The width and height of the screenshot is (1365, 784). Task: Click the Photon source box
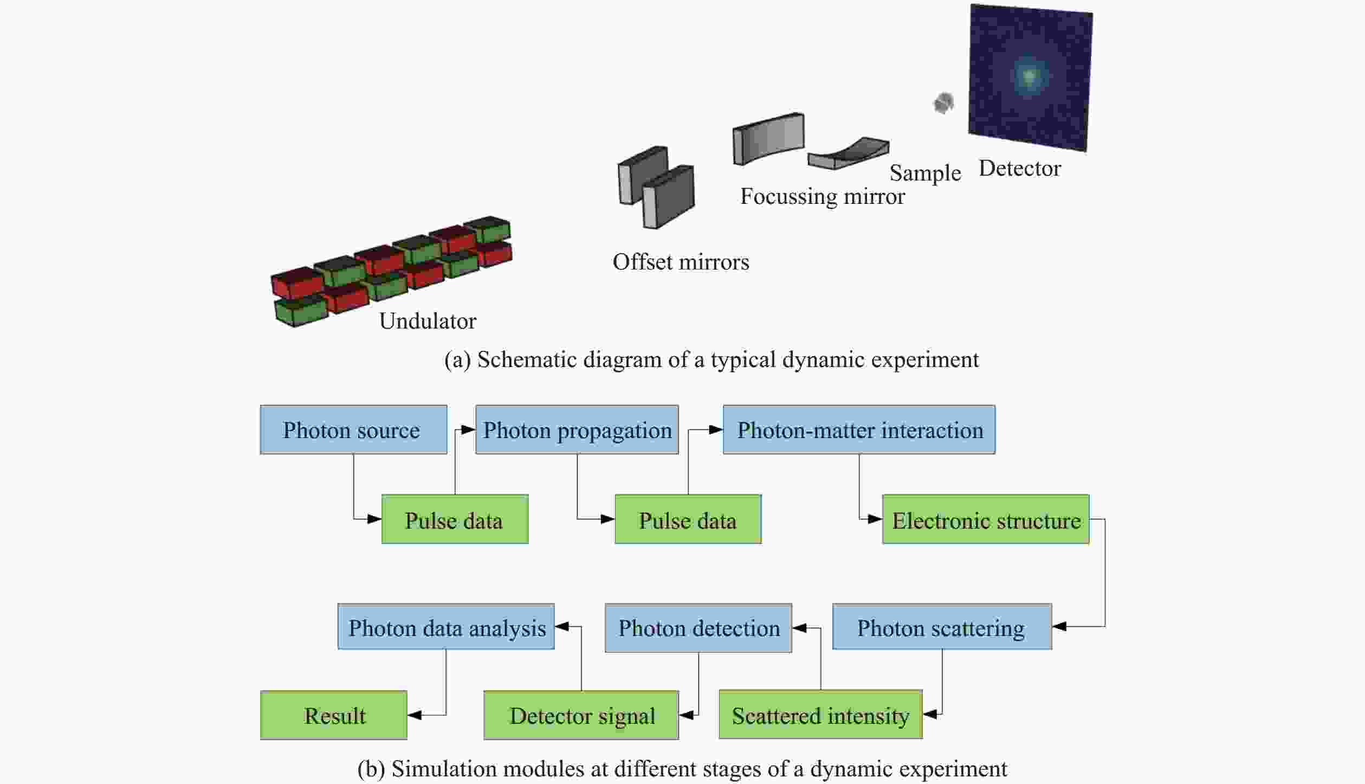[x=353, y=429]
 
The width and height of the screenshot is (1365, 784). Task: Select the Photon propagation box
[x=577, y=429]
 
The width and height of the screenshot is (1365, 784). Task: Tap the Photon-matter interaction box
[x=859, y=429]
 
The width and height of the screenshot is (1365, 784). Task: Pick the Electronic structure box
[x=985, y=519]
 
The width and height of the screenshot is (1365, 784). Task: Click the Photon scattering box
[x=942, y=627]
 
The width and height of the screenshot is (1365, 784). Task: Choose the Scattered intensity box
[x=820, y=715]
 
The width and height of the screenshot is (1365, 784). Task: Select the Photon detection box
[x=698, y=628]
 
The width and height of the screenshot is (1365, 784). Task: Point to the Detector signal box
[x=581, y=715]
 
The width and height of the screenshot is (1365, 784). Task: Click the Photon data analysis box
[x=446, y=627]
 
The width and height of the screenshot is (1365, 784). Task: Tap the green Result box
[x=333, y=715]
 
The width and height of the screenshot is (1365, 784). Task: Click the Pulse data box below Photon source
[x=455, y=519]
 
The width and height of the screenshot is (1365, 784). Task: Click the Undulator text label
[x=428, y=321]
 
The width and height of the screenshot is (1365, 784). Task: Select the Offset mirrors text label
[x=681, y=262]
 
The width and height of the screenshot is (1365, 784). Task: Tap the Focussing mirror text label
[x=822, y=196]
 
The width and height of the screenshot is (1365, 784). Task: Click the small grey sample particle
[x=943, y=102]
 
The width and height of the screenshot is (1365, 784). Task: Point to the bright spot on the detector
[x=1029, y=76]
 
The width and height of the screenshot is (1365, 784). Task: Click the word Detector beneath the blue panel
[x=1019, y=169]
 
